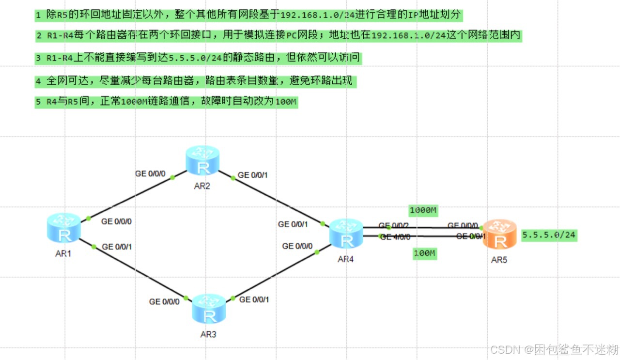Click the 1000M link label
pos(423,211)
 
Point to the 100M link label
pos(425,253)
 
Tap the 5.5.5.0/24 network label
pos(549,235)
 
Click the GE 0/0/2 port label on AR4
pos(394,226)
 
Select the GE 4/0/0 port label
pos(395,237)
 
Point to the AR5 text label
pos(499,260)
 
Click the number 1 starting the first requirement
pos(38,16)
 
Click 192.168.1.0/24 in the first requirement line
pos(318,15)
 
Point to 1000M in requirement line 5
pos(133,103)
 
